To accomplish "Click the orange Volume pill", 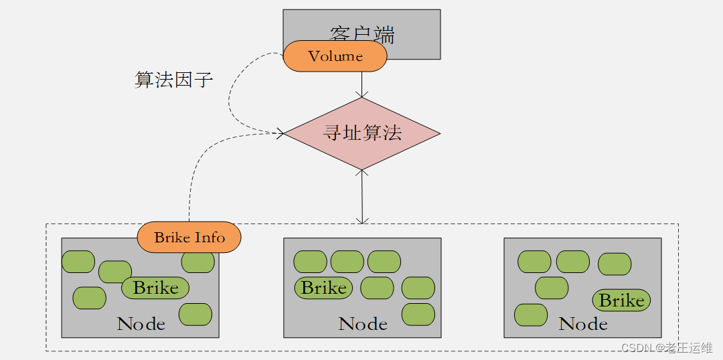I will (x=335, y=56).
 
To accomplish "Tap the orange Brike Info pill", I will (x=189, y=238).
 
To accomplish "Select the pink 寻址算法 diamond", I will (x=362, y=133).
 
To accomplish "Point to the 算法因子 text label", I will (x=174, y=80).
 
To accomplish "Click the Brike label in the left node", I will (x=155, y=288).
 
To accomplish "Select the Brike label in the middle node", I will (x=323, y=288).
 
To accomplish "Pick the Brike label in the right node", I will (x=621, y=300).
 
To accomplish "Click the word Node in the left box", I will (x=141, y=325).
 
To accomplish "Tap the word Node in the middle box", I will (x=363, y=325).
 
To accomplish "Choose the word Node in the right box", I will (x=583, y=325).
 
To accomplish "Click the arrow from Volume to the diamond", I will (x=362, y=84).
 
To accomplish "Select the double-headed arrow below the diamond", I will (x=362, y=197).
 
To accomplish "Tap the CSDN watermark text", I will (x=666, y=347).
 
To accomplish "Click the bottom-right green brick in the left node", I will (x=195, y=314).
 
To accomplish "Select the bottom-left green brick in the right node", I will (x=531, y=314).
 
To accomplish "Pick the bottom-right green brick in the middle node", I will (x=418, y=314).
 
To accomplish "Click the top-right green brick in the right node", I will (x=615, y=264).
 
